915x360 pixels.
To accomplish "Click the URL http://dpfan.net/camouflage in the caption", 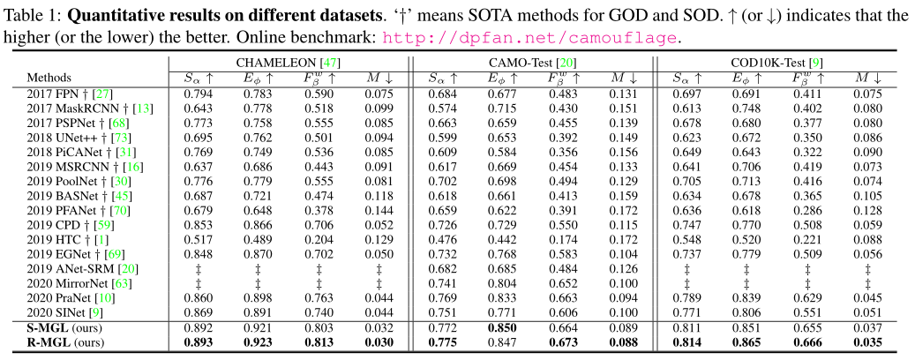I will [534, 38].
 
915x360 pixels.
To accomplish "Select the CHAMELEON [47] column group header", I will [288, 62].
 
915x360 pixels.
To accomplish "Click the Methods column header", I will [49, 77].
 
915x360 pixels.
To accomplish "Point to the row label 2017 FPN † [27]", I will [70, 94].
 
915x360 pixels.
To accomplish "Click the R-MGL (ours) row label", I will [64, 341].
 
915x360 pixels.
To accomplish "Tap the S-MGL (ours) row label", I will [64, 327].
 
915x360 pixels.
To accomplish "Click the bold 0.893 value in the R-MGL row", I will [200, 341].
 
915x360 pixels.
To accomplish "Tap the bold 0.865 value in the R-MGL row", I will [747, 341].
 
